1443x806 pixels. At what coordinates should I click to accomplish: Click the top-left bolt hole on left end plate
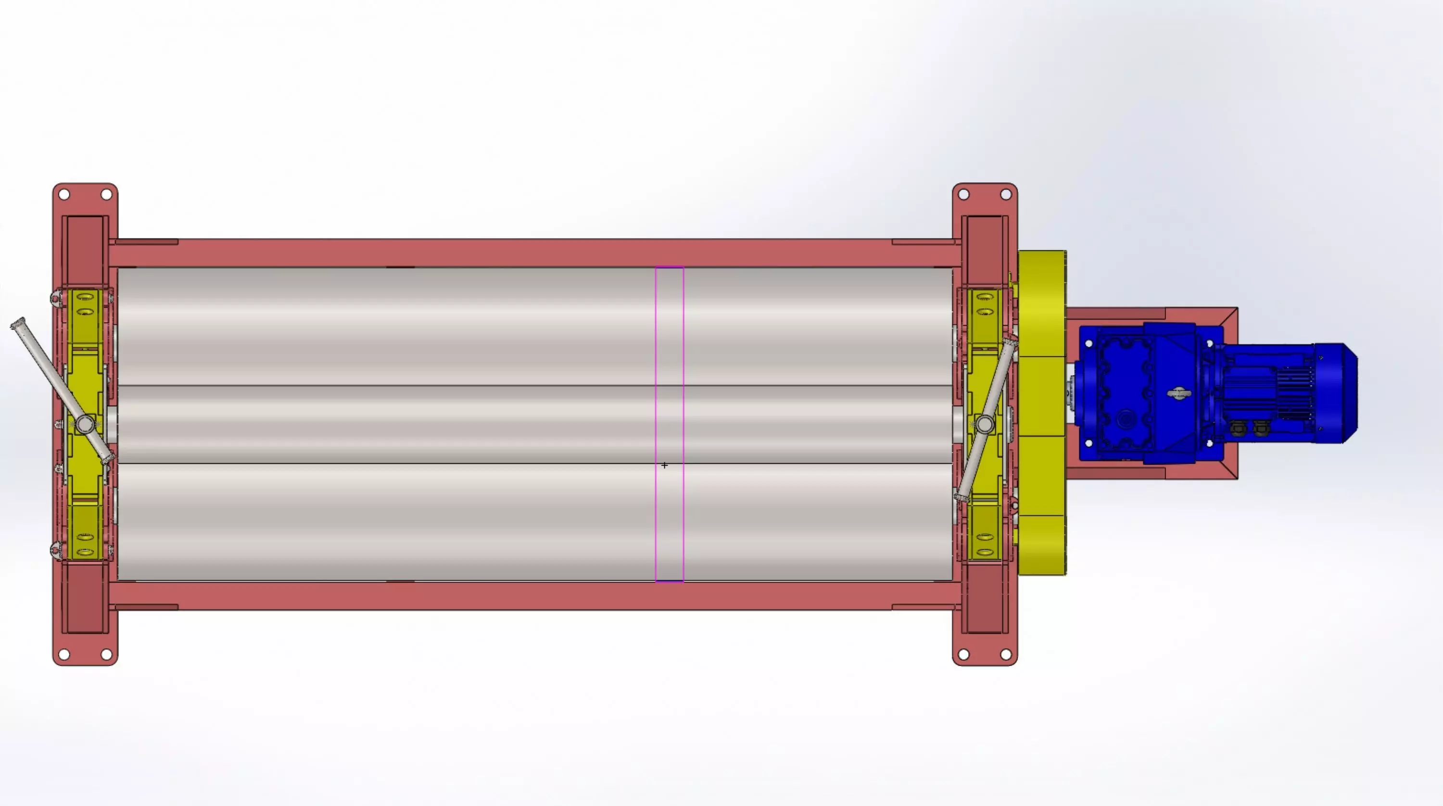point(64,195)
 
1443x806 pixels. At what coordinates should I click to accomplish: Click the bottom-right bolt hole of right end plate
point(1005,654)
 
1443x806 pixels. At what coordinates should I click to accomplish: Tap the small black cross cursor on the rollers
point(664,466)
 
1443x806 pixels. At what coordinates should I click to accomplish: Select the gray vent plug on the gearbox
point(1179,394)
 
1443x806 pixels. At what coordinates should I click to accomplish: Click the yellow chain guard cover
point(1042,412)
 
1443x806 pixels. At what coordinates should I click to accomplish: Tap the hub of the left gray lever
point(86,424)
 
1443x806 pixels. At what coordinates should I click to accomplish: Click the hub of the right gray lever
point(984,425)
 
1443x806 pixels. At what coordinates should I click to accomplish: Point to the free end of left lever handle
point(18,324)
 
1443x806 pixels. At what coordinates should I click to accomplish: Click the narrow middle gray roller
point(392,424)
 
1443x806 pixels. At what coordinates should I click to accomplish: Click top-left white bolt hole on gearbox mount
point(1089,343)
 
